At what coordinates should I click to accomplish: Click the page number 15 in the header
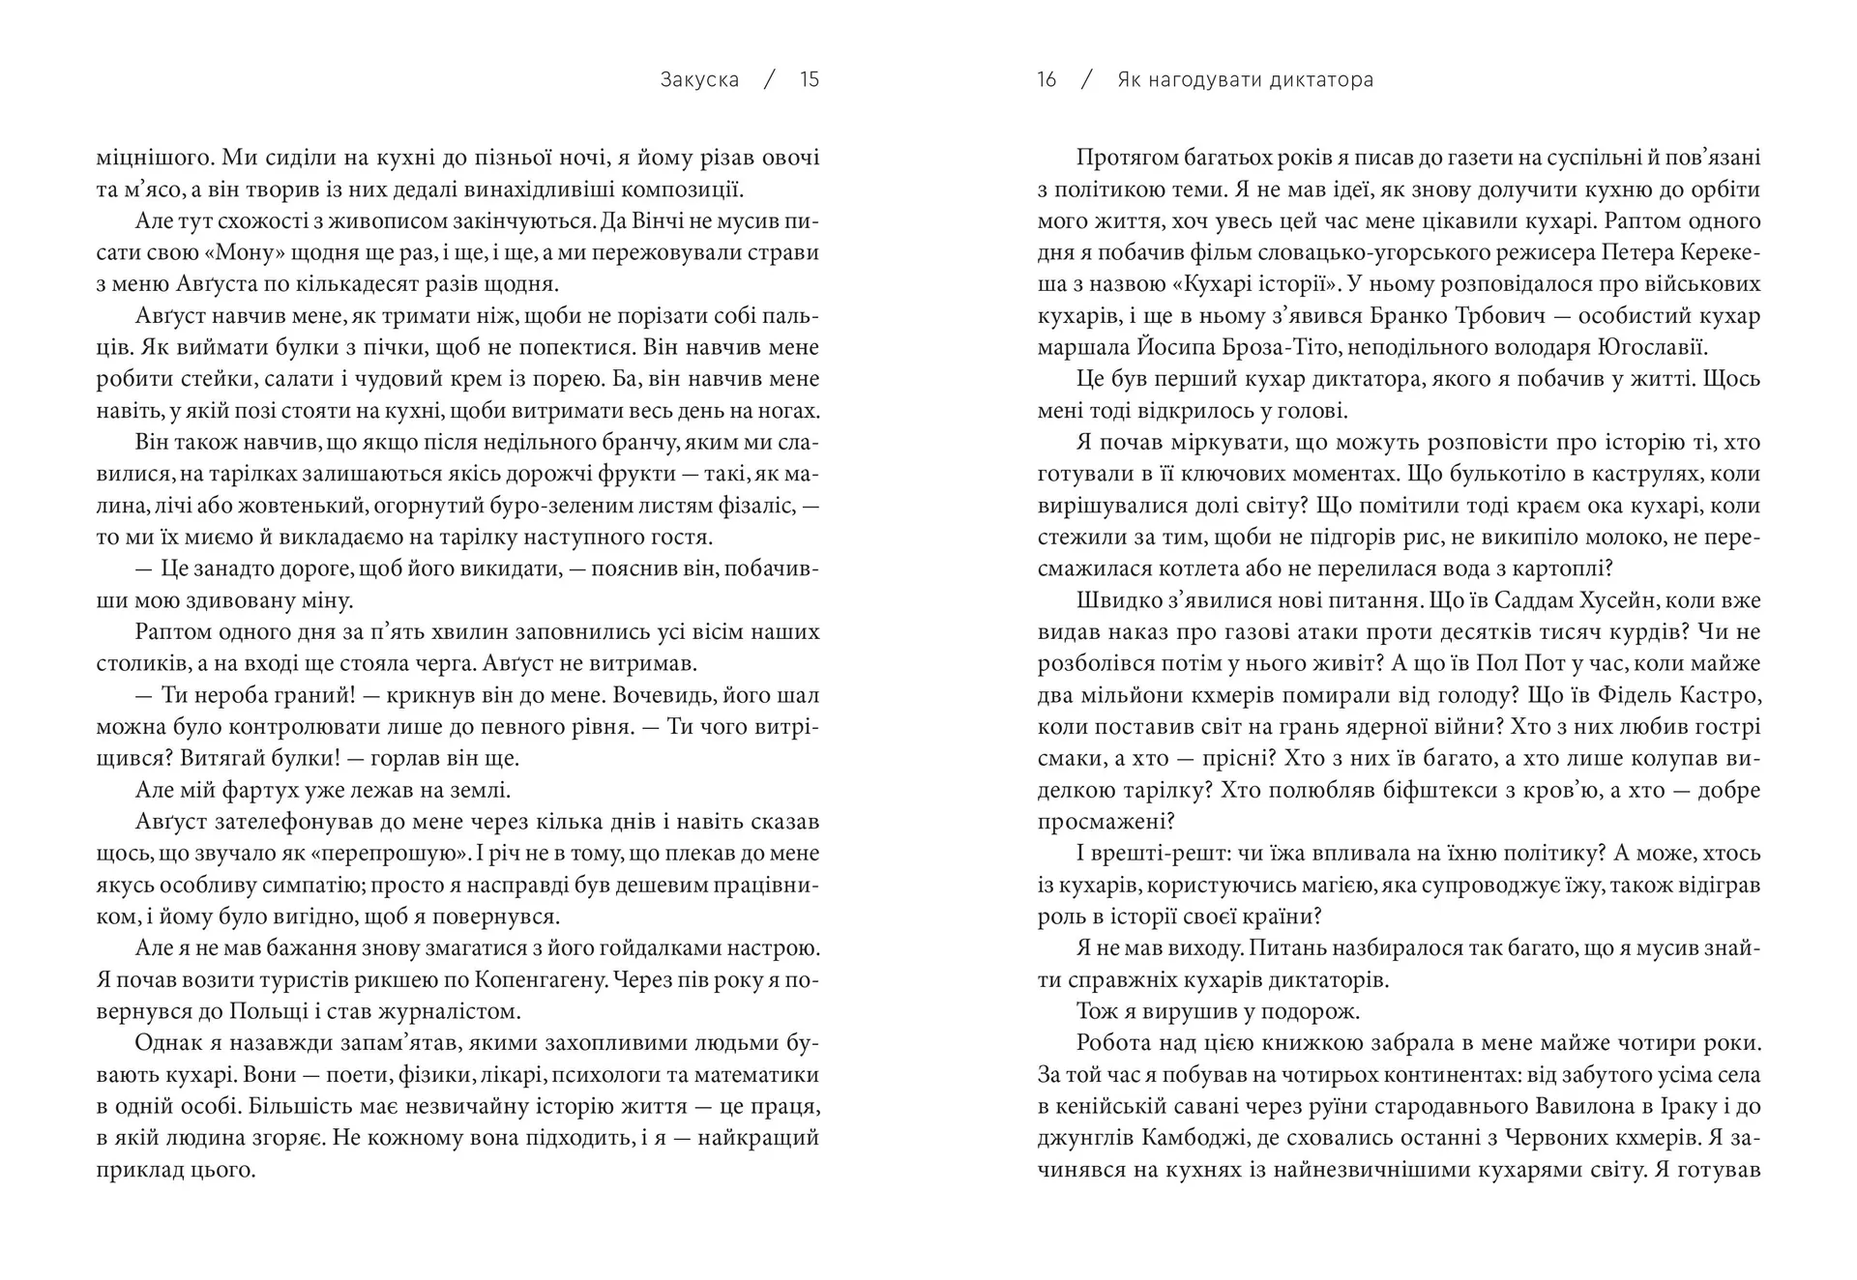(810, 80)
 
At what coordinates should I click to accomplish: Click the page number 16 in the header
(1046, 80)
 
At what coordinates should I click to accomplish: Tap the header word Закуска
(699, 80)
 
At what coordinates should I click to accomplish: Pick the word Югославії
(1654, 348)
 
